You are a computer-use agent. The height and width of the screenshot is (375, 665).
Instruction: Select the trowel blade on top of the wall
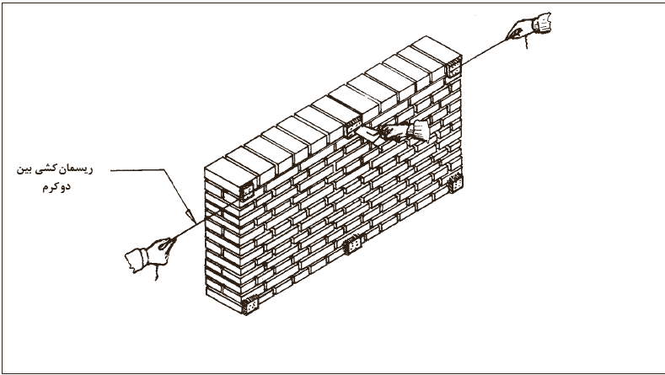point(367,135)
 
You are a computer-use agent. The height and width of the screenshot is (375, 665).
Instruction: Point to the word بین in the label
point(25,169)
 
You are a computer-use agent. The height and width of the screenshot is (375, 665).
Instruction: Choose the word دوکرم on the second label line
point(56,187)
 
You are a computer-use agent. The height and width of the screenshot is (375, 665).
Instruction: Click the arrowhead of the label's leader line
point(192,217)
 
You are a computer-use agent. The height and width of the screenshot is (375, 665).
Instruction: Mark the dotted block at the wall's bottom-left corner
point(249,305)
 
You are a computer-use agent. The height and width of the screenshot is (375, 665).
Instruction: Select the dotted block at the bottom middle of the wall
point(353,244)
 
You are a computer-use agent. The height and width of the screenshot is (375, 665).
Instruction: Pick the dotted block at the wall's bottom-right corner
point(455,183)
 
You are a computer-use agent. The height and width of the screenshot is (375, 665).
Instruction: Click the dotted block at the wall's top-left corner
point(247,190)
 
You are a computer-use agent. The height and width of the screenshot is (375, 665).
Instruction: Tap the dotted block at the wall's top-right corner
point(453,67)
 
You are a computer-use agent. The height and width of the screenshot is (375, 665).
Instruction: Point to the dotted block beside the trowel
point(353,126)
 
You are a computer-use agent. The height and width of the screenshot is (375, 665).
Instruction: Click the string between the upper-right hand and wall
point(485,51)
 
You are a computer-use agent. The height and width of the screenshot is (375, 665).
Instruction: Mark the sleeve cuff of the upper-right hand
point(543,23)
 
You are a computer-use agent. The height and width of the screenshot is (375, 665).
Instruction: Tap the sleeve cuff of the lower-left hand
point(137,260)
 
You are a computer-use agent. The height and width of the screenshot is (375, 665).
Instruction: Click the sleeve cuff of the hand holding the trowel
point(419,131)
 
